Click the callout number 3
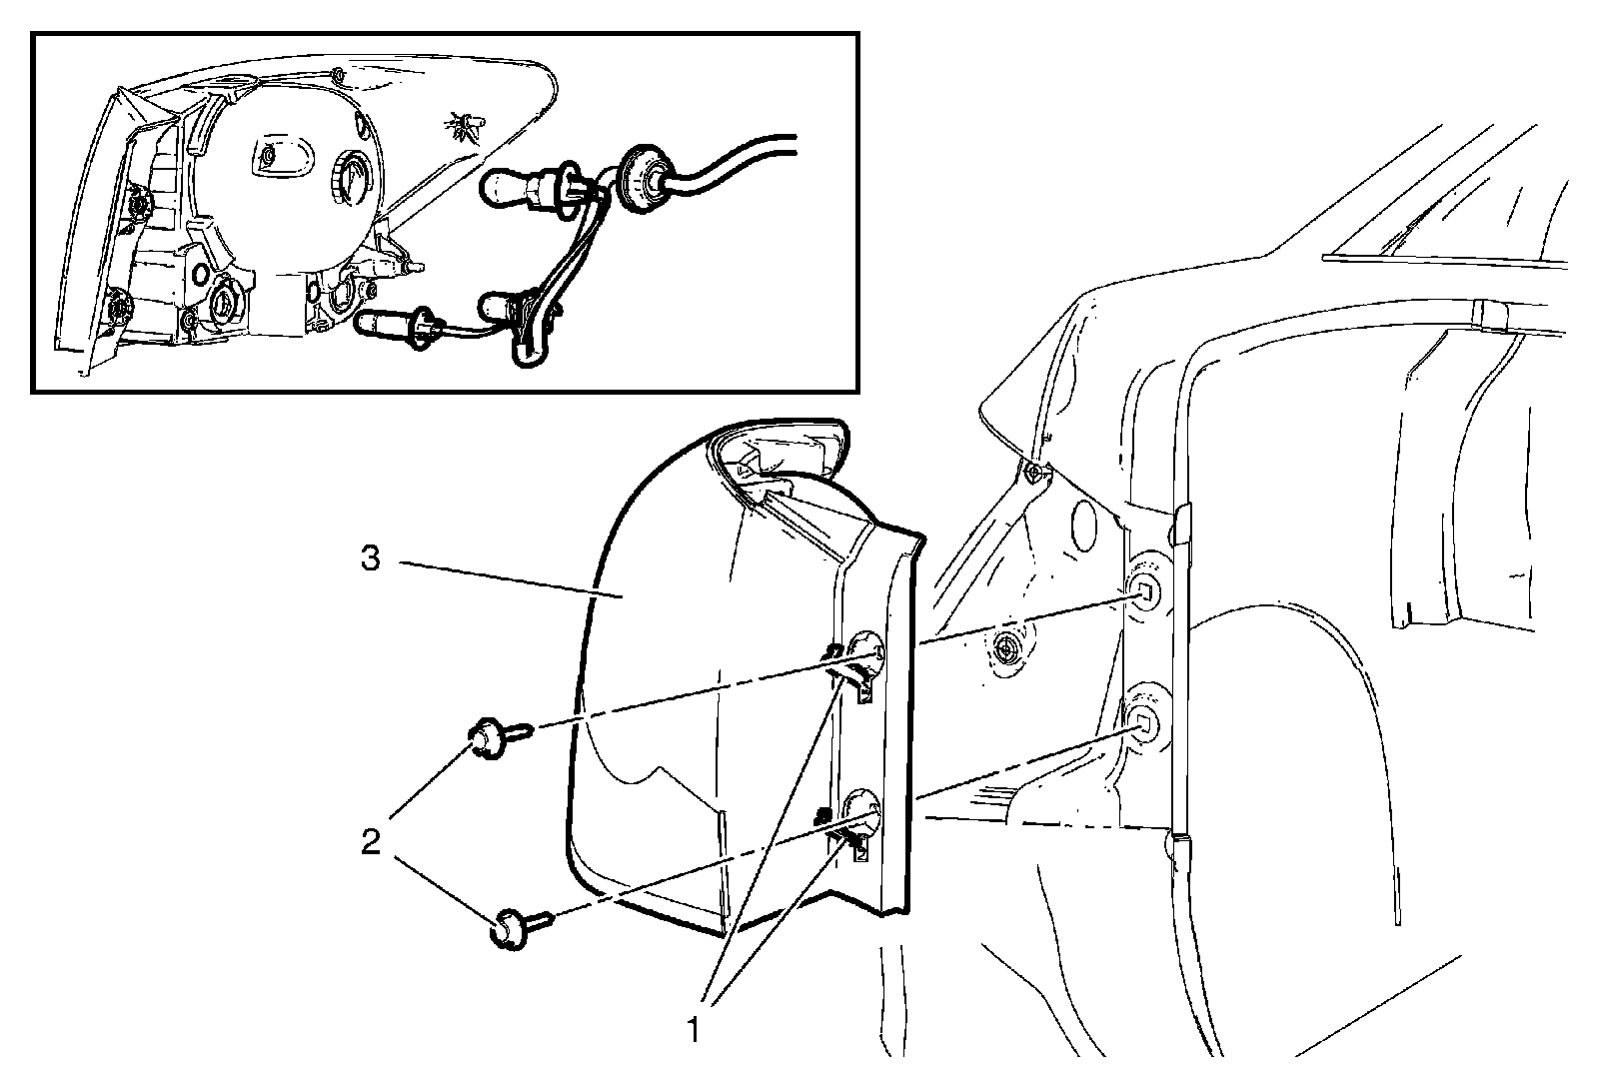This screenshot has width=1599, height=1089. click(x=371, y=559)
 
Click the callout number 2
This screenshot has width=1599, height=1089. click(x=371, y=843)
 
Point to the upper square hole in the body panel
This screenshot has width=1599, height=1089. click(x=1145, y=593)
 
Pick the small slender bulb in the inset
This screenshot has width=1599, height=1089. click(x=385, y=323)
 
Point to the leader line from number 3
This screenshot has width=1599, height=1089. click(x=510, y=579)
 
